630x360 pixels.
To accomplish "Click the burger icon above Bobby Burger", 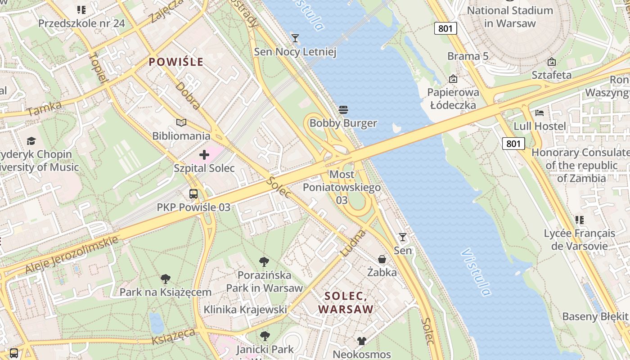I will (x=343, y=110).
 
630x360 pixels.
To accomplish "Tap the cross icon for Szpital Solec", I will (x=204, y=155).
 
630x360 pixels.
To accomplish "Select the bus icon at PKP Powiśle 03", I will (x=193, y=194).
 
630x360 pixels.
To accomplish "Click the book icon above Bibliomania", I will (x=181, y=122).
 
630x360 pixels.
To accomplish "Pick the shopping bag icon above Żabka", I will (x=382, y=259).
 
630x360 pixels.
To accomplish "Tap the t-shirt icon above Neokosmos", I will (x=362, y=341).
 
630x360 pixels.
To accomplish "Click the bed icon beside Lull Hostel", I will (x=540, y=112).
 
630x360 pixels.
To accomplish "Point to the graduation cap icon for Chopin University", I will (x=31, y=141).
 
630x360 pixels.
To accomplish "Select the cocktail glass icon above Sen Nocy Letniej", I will (x=295, y=38).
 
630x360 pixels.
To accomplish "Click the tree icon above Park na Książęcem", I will (x=166, y=279).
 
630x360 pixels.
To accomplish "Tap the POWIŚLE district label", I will (x=176, y=62).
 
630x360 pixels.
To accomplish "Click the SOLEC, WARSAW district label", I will (x=346, y=303).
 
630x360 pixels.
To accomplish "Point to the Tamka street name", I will (x=44, y=109).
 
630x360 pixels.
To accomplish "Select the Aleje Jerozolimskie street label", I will (x=72, y=254).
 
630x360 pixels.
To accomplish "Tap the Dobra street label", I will (x=188, y=95).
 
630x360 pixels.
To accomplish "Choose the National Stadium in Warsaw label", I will (x=510, y=17).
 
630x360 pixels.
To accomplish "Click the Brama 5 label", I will (x=468, y=56).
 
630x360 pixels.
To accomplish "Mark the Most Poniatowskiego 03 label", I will (x=342, y=187).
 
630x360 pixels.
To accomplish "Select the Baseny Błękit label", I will (x=594, y=316).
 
